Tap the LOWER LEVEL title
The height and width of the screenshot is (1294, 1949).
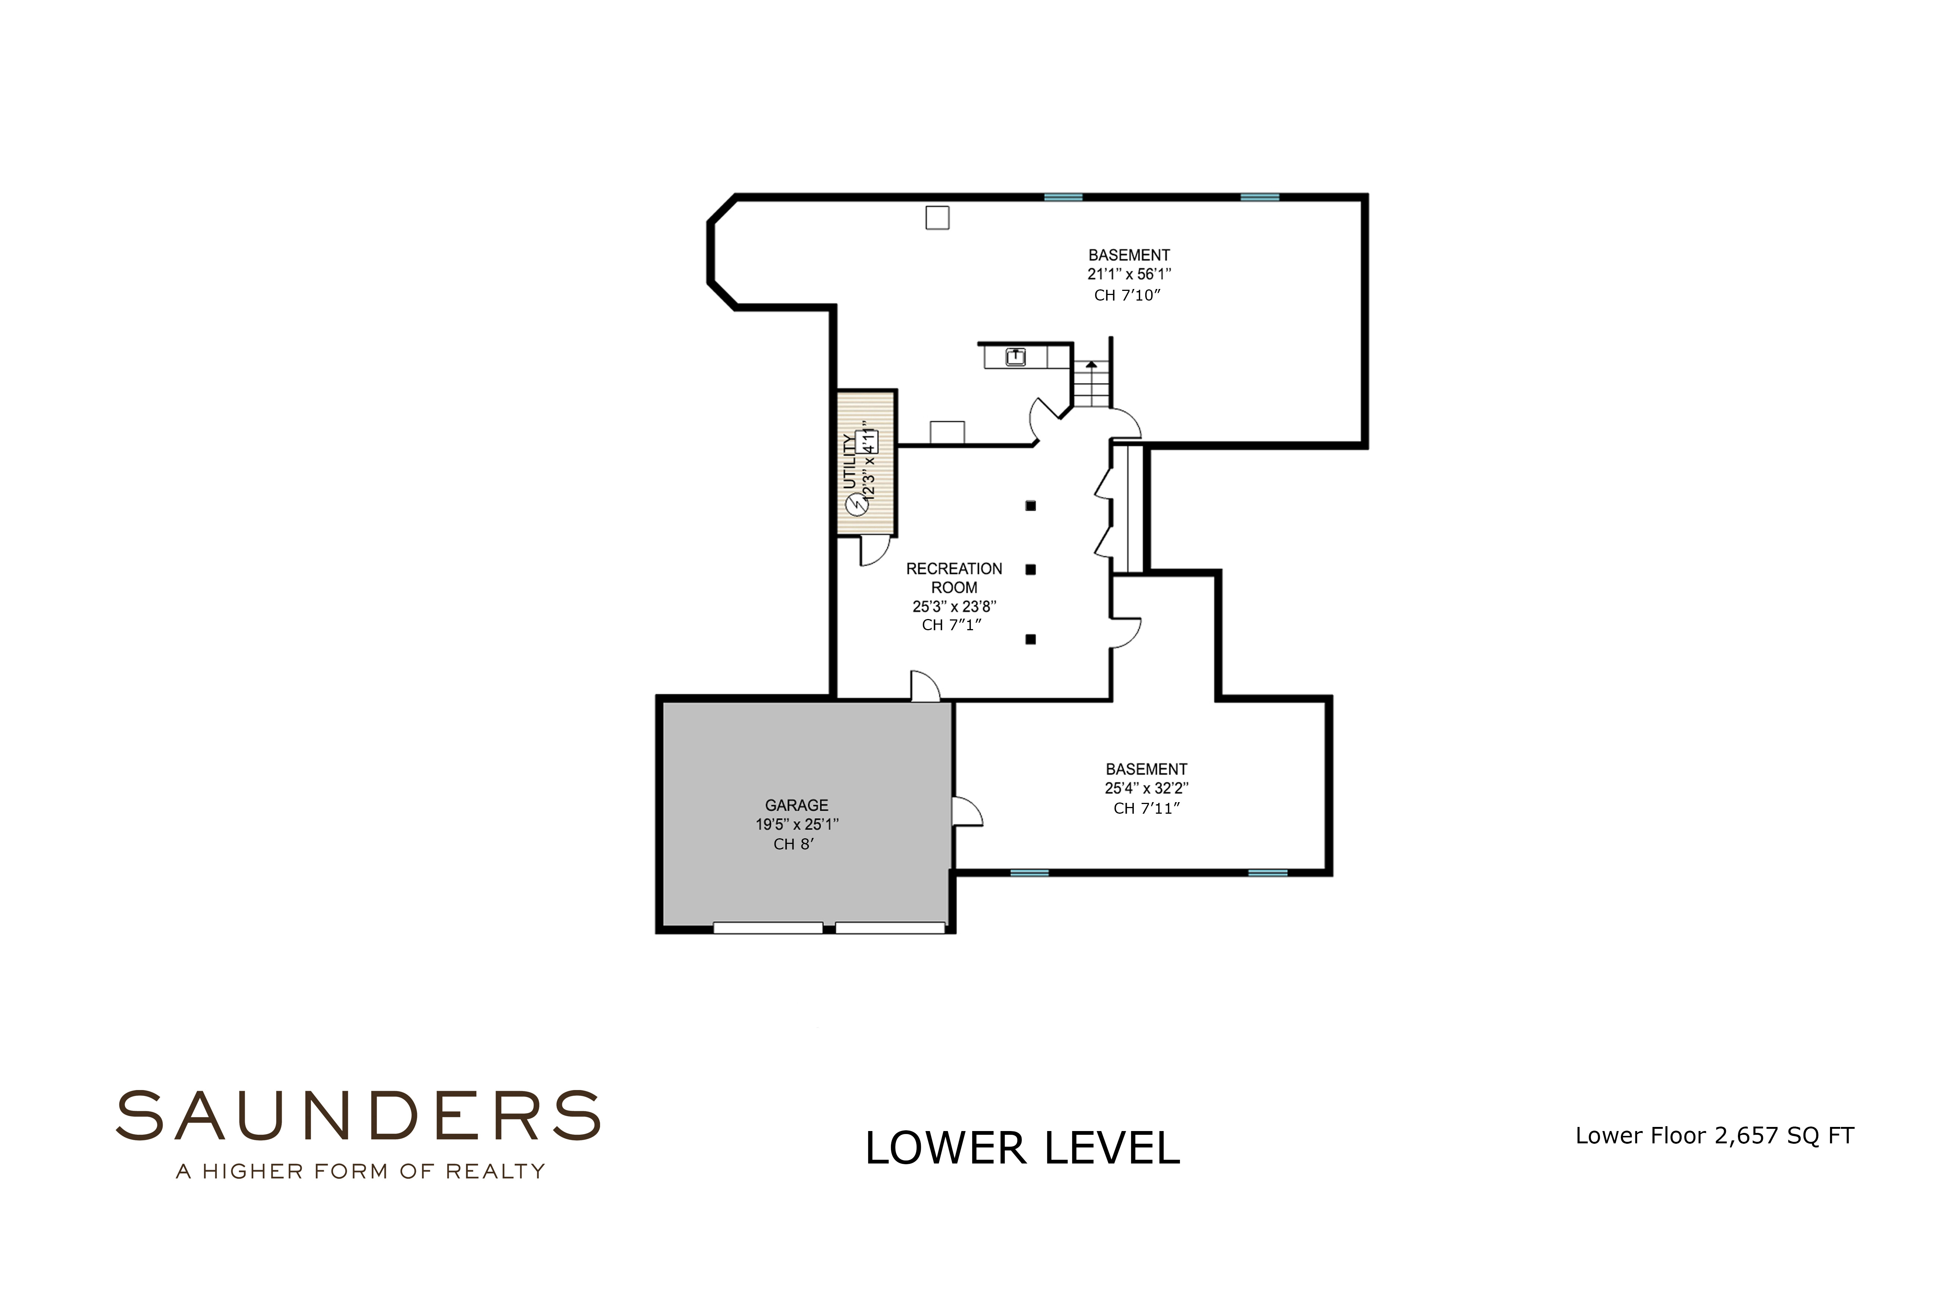(1022, 1148)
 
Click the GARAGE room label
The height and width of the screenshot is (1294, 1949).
(796, 805)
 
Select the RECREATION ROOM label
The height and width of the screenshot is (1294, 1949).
(954, 578)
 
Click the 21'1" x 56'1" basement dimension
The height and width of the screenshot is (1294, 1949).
(1129, 274)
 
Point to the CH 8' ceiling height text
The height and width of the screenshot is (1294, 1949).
(794, 844)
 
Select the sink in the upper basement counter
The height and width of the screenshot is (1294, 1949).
(1016, 357)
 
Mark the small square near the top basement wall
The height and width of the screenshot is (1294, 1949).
(937, 218)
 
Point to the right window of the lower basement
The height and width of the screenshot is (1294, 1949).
(1267, 872)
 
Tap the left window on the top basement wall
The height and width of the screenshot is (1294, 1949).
(1063, 197)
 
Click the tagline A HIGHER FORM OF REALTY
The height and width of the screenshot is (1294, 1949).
(361, 1171)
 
